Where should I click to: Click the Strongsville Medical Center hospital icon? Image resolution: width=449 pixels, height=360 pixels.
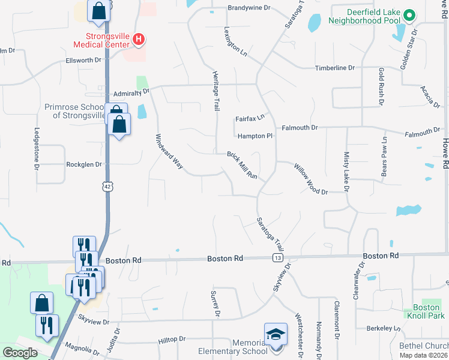point(139,40)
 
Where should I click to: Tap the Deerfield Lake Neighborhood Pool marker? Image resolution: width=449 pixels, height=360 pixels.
point(409,16)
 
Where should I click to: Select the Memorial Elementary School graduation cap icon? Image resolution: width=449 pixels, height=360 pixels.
point(276,333)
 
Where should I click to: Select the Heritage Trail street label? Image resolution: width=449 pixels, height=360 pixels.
point(214,91)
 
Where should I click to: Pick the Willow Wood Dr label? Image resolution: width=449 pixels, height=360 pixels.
point(311,179)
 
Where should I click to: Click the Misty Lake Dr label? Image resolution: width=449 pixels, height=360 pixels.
point(346,172)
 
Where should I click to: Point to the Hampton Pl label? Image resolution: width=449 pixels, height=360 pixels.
point(255,136)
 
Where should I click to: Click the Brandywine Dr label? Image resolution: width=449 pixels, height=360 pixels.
point(249,9)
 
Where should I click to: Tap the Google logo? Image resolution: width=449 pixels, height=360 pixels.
point(20,353)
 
